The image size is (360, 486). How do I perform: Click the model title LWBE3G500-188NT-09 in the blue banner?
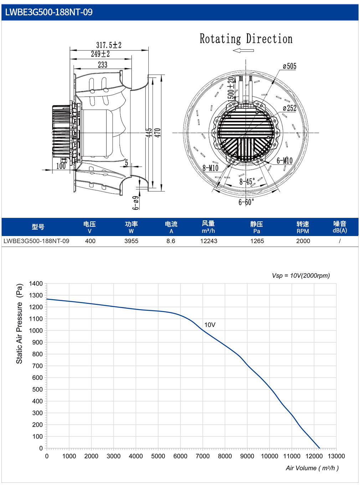point(48,12)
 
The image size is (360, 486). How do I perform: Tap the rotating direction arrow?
point(243,51)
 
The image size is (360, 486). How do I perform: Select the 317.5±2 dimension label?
point(109,45)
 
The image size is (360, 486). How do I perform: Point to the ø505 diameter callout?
point(289,66)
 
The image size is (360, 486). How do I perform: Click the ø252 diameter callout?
point(289,108)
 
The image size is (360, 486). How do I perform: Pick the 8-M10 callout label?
point(210,168)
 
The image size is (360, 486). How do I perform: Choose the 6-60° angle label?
point(246,202)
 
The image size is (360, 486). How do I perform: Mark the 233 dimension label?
point(103,65)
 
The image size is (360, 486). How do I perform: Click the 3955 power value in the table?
point(131,241)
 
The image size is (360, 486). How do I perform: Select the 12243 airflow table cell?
point(209,241)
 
